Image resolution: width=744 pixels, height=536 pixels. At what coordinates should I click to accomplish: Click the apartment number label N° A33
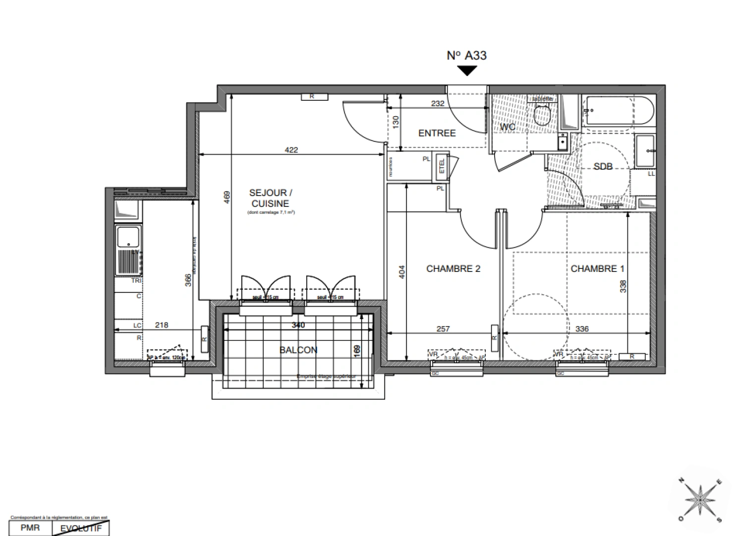466,55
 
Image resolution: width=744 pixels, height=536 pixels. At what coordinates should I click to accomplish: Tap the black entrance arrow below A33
466,70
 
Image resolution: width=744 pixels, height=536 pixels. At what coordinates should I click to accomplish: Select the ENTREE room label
437,133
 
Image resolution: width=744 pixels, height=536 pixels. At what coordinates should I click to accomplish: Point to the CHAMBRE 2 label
453,268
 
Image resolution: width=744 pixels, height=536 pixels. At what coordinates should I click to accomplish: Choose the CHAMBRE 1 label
597,268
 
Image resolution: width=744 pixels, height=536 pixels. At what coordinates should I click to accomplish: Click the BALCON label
298,350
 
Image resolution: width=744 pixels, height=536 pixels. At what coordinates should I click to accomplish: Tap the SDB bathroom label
603,167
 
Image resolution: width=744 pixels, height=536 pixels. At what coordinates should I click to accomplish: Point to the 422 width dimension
291,149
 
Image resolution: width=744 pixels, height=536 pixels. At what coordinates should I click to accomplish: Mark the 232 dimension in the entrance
438,103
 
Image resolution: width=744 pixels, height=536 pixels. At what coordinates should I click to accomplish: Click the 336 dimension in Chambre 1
582,329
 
